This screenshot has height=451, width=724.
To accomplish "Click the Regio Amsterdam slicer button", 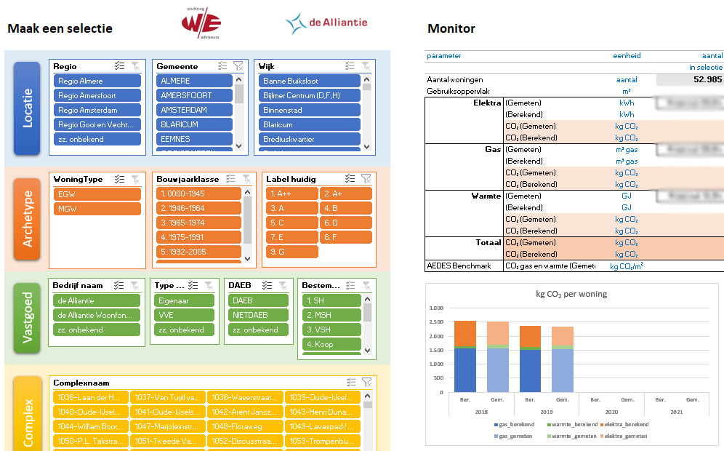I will pos(97,110).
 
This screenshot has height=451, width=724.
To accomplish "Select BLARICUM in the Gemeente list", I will pos(194,124).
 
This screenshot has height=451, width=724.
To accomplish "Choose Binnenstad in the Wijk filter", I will pos(310,110).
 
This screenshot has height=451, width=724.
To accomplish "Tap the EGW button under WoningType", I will pos(97,194).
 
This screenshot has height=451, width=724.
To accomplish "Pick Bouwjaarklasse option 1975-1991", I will pos(198,237).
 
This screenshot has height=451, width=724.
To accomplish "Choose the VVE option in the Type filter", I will pos(185,315).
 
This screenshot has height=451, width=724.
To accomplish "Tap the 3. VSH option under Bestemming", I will pos(331,330).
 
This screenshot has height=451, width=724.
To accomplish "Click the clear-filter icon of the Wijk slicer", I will pos(366,66).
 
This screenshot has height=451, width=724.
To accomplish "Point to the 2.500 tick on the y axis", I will pos(435,322).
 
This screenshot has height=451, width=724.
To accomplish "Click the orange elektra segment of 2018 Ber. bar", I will pos(465,332).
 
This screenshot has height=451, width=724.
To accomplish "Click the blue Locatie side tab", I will pos(27,108).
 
